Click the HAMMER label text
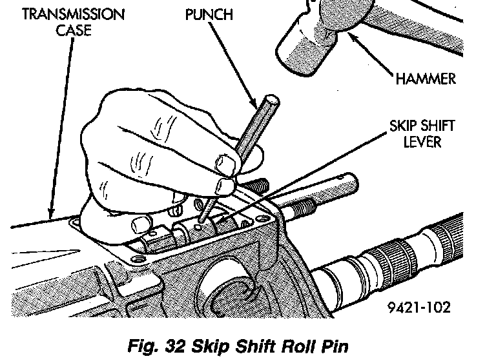(424, 79)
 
